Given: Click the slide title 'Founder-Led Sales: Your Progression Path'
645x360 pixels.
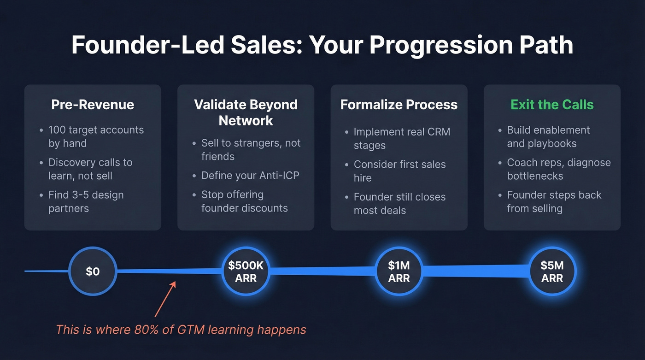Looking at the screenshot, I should pyautogui.click(x=322, y=46).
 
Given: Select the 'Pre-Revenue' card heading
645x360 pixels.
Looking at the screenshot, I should pyautogui.click(x=93, y=105).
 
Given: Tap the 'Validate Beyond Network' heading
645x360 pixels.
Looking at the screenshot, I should pyautogui.click(x=246, y=112).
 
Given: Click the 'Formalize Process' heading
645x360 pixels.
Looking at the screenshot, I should pyautogui.click(x=399, y=105).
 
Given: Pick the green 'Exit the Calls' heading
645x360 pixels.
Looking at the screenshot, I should pyautogui.click(x=552, y=105).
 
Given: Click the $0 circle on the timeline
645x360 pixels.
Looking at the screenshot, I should pyautogui.click(x=93, y=271).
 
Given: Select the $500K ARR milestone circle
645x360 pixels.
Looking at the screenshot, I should pyautogui.click(x=246, y=271).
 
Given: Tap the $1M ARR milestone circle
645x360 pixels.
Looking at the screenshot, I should pyautogui.click(x=399, y=271).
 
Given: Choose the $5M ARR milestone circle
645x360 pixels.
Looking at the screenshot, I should pyautogui.click(x=552, y=271).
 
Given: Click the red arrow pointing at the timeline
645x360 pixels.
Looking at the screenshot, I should pyautogui.click(x=165, y=299).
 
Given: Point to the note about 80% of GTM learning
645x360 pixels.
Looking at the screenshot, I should pyautogui.click(x=181, y=330).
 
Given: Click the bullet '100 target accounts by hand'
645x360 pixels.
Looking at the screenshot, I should pyautogui.click(x=96, y=136).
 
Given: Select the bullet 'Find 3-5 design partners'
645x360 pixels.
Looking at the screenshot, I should pyautogui.click(x=86, y=201).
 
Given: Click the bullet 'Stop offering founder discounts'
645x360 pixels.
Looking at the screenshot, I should pyautogui.click(x=244, y=201).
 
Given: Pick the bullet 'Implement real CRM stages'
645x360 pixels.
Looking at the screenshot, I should pyautogui.click(x=402, y=138).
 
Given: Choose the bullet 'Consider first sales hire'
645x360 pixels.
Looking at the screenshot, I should pyautogui.click(x=399, y=171).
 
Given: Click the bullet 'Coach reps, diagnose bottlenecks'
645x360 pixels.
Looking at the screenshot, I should pyautogui.click(x=558, y=169).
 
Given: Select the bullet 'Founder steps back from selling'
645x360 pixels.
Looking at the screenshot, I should pyautogui.click(x=554, y=201).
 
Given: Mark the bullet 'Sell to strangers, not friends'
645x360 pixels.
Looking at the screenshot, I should pyautogui.click(x=251, y=150).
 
